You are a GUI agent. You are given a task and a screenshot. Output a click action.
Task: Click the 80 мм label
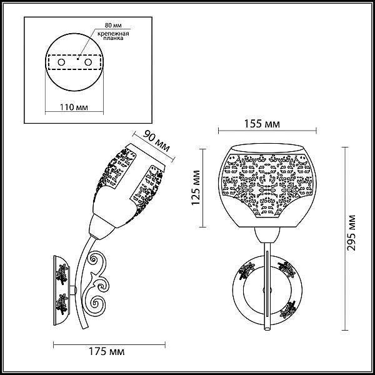[x=113, y=25]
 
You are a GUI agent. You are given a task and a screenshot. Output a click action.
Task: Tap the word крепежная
[x=113, y=33]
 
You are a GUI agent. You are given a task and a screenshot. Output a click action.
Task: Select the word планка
[x=113, y=38]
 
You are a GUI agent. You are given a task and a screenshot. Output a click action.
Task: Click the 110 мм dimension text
[x=74, y=107]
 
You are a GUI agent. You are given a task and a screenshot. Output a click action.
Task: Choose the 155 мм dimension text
[x=262, y=124]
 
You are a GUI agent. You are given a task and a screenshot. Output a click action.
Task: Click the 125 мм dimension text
[x=196, y=187]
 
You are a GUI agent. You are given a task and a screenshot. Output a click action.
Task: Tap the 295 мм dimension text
[x=351, y=232]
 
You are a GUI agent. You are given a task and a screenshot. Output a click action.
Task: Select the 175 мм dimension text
[x=107, y=351]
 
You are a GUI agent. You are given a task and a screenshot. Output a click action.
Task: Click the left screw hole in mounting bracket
[x=61, y=62]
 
